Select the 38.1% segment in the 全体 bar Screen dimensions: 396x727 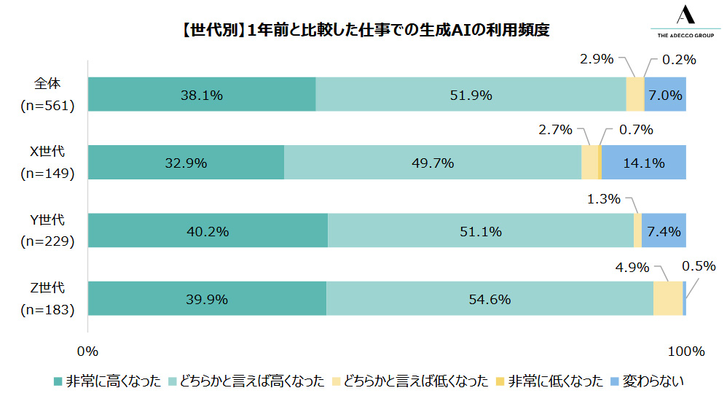(202, 94)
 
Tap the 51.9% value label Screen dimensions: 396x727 (471, 95)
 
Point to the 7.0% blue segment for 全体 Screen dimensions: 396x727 (665, 94)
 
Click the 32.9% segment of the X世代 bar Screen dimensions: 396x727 (186, 163)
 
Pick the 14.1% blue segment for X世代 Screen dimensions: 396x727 (643, 163)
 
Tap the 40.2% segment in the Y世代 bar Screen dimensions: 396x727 (208, 231)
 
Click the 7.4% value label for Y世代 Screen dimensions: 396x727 (664, 232)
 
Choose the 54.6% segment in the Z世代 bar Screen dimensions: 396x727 (490, 299)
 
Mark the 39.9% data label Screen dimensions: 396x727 (207, 300)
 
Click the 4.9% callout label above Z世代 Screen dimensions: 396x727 (633, 268)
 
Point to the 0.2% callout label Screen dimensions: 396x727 (679, 60)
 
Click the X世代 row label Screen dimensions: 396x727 (47, 152)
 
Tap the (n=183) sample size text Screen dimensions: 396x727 (48, 310)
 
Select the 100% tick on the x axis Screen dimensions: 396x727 (685, 352)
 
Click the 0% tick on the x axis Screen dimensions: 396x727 (87, 352)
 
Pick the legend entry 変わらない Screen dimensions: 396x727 (652, 381)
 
